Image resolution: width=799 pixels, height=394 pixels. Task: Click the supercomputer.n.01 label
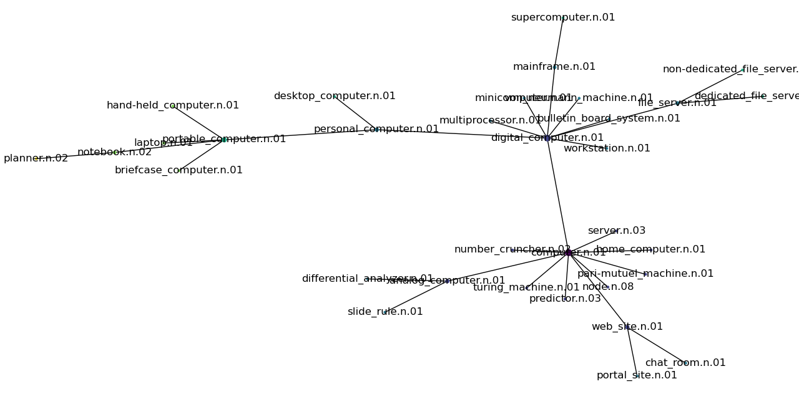562,17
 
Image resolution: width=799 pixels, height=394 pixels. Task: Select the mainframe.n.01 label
554,67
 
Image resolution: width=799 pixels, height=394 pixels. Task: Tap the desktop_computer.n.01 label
334,96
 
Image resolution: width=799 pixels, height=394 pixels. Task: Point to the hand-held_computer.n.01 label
172,105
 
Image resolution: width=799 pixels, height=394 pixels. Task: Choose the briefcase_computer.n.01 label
179,170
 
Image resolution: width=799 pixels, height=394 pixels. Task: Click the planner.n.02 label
36,158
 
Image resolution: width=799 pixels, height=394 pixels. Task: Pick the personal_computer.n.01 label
376,129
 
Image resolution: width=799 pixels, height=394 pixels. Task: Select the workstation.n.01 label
606,148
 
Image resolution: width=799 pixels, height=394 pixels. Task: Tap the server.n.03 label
616,231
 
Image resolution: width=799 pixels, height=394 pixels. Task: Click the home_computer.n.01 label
650,249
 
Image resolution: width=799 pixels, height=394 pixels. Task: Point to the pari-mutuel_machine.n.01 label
645,274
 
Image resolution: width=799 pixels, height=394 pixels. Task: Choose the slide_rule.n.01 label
385,312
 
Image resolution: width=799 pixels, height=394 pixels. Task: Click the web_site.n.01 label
627,327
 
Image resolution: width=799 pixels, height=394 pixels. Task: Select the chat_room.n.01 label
685,363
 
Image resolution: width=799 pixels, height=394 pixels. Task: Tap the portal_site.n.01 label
636,375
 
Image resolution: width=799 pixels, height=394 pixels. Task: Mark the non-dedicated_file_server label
730,69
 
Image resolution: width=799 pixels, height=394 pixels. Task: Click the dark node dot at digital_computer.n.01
547,138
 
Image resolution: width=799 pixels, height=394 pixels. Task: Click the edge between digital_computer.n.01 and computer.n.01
557,195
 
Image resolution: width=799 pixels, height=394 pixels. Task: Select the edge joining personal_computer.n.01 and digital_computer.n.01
462,133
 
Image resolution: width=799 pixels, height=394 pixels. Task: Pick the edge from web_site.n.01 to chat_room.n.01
655,345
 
